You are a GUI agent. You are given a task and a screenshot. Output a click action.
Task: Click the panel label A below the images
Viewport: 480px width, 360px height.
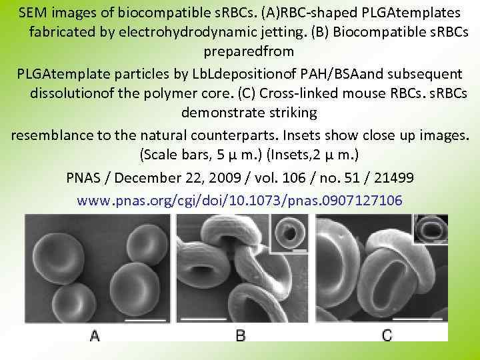(95, 335)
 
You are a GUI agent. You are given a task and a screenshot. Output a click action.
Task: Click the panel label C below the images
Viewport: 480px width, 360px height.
(387, 335)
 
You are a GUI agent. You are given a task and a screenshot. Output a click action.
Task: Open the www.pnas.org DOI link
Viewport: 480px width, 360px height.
(239, 200)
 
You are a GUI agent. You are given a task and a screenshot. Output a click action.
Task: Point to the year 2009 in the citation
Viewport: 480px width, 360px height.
(222, 178)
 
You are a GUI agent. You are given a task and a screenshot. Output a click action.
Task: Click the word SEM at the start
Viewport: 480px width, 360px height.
(33, 13)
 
